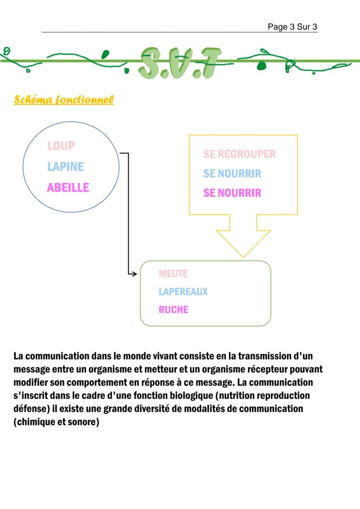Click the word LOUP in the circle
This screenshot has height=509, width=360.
point(61,146)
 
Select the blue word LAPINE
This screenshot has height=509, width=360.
point(66,166)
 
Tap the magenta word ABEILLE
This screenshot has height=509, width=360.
point(68,188)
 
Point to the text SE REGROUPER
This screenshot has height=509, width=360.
point(240,154)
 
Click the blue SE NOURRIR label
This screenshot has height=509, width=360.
point(232,173)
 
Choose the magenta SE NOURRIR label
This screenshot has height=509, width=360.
point(232,193)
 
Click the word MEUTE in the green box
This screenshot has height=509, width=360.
point(173,274)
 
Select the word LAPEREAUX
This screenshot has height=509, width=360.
point(183,292)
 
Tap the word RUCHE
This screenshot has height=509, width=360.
point(173,309)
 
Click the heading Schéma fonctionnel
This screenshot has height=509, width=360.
point(64,100)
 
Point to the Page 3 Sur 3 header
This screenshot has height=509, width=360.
point(292,27)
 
